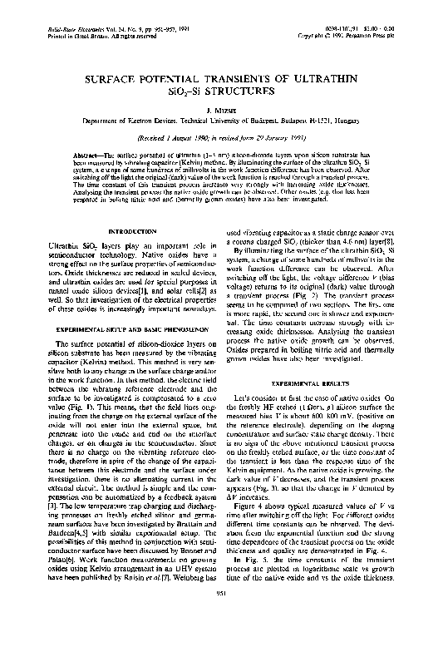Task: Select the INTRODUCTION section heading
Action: point(122,230)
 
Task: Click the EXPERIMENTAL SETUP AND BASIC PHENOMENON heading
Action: point(122,305)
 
